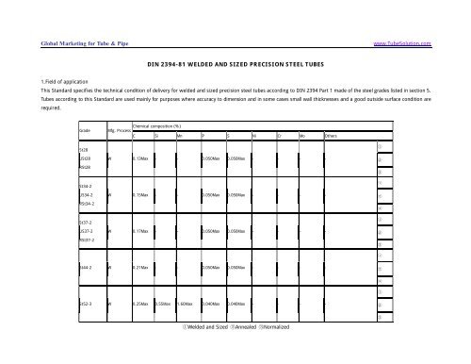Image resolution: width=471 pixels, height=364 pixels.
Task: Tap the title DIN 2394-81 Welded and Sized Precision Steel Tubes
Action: coord(235,68)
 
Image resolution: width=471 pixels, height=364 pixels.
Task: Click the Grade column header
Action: coord(85,130)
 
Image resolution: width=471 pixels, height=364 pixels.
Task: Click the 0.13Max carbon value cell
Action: coord(141,159)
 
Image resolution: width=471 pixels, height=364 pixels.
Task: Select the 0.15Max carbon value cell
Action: coord(141,195)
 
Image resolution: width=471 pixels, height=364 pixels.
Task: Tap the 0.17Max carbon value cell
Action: coord(141,230)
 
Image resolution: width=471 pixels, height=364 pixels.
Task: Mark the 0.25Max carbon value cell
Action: coord(141,306)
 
